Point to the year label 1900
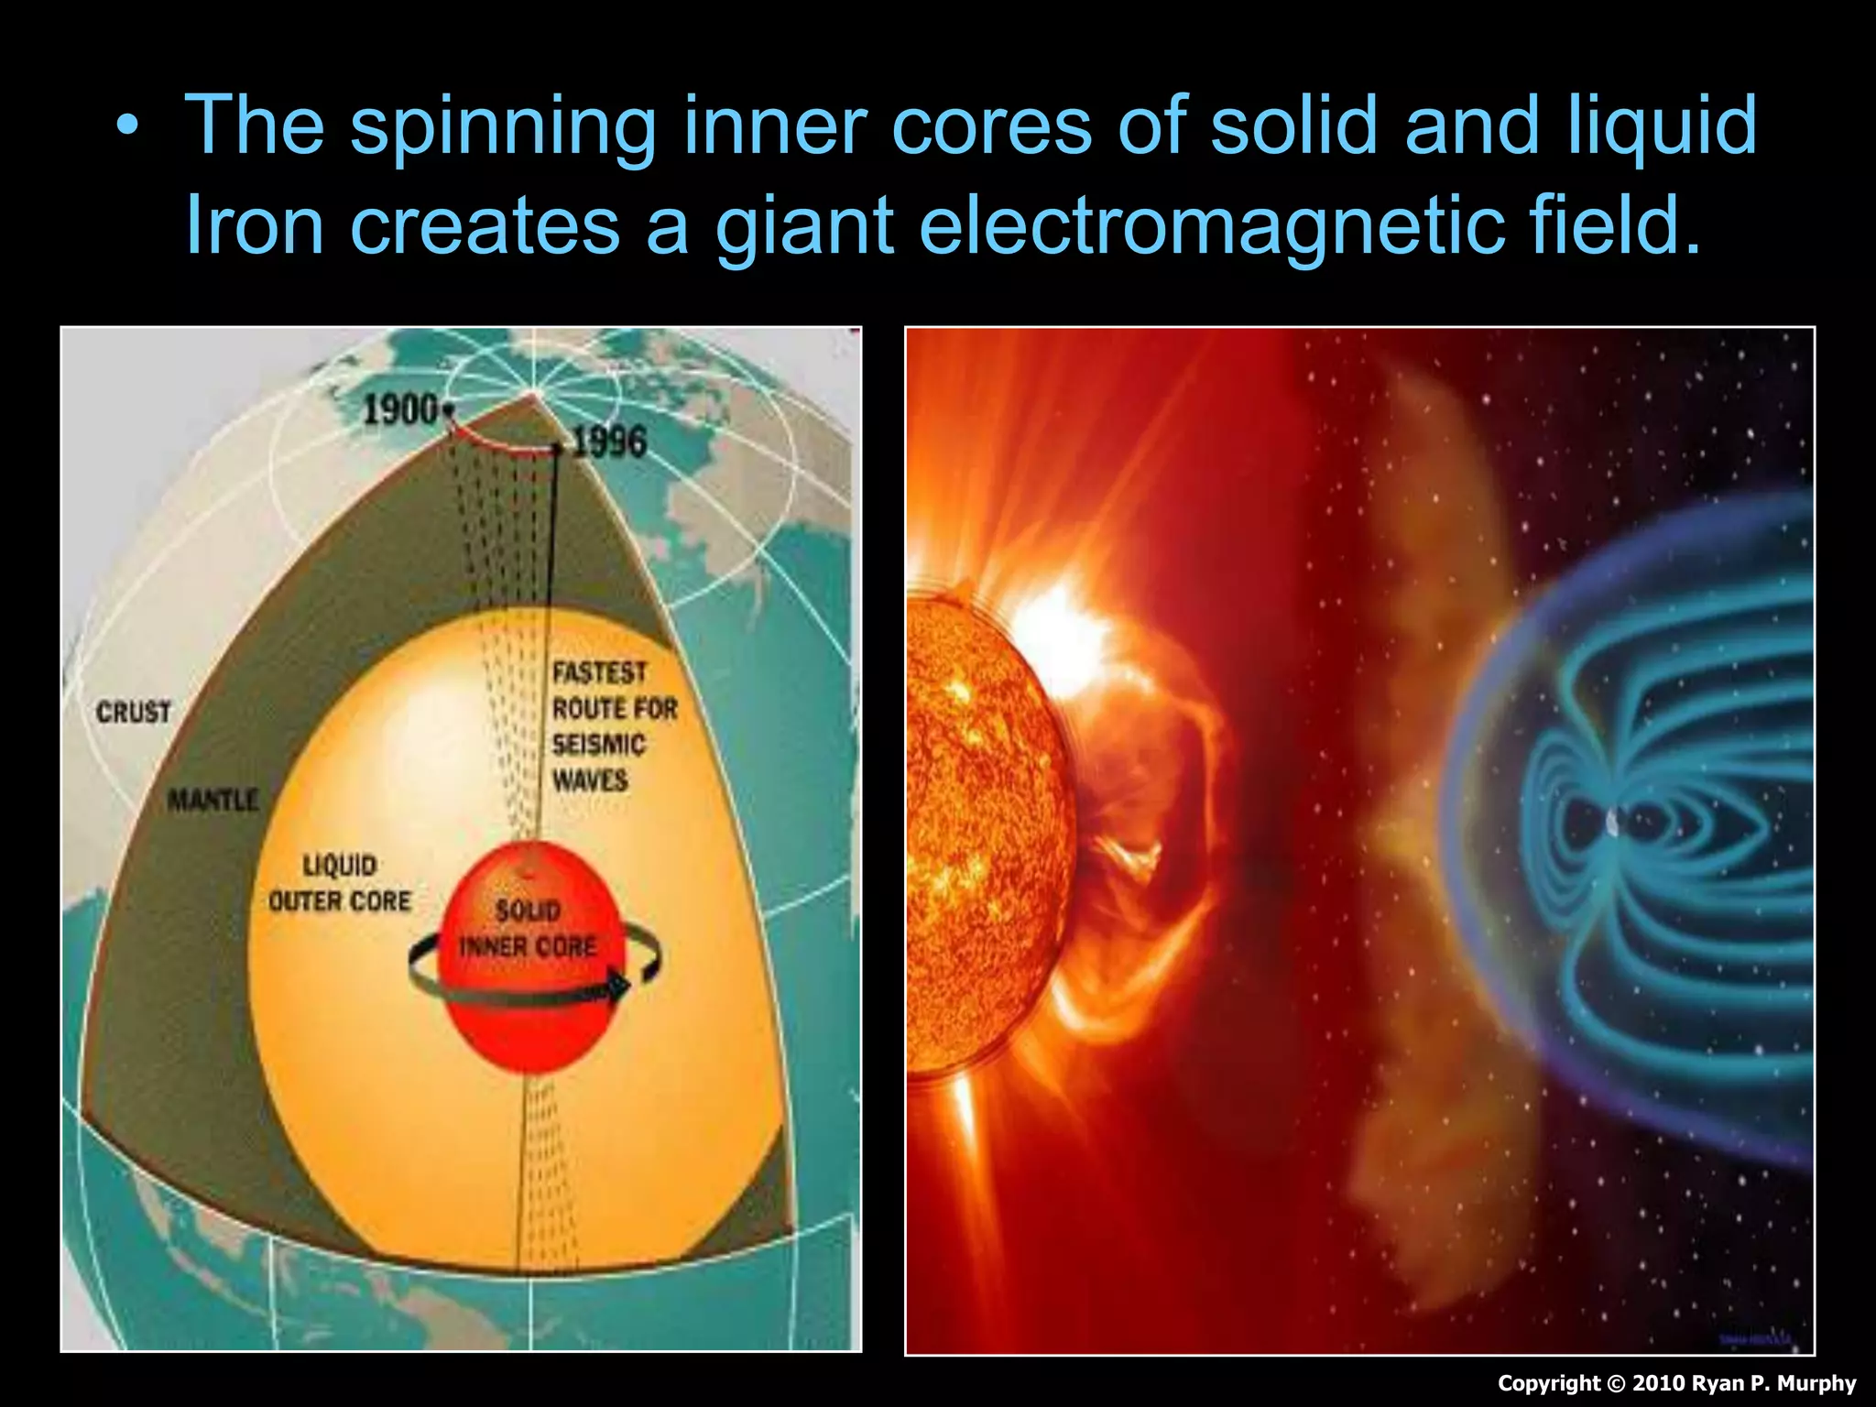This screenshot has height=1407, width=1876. click(399, 409)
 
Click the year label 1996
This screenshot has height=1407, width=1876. click(609, 442)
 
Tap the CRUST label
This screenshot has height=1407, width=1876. click(134, 712)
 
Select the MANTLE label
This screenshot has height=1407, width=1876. click(213, 801)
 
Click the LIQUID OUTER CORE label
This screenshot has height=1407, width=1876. click(340, 884)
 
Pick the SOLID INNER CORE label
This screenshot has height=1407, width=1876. click(528, 929)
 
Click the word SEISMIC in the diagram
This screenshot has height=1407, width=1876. click(599, 744)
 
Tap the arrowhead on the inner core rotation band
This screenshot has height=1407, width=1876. click(618, 987)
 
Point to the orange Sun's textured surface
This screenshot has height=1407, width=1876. click(980, 824)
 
